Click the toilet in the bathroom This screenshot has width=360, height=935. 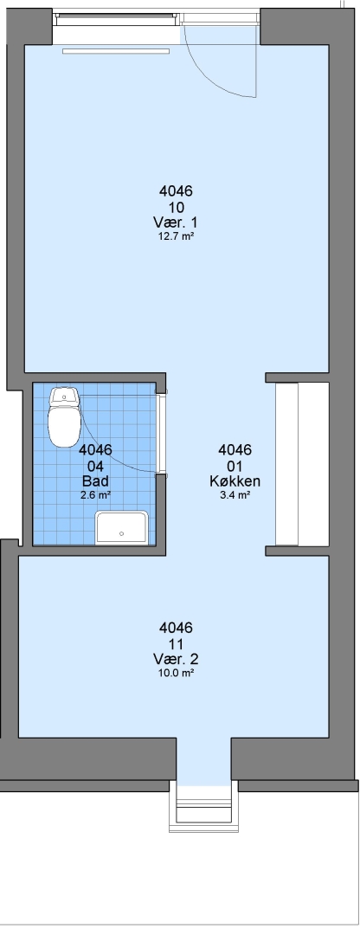click(x=64, y=416)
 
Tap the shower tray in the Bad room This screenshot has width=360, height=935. click(x=122, y=528)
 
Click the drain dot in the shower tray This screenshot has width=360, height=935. click(x=122, y=533)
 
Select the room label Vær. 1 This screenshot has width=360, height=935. click(x=176, y=222)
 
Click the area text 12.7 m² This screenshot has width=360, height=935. click(x=176, y=235)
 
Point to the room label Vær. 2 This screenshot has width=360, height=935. click(x=176, y=659)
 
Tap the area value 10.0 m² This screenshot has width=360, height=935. click(x=176, y=673)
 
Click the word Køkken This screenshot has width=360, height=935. click(x=235, y=480)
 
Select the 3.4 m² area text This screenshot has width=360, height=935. click(x=235, y=494)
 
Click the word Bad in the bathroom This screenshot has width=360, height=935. click(x=95, y=480)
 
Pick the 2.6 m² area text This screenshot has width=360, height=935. click(x=95, y=494)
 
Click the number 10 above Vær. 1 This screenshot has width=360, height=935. click(x=176, y=208)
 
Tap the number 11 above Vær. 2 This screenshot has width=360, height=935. click(x=176, y=644)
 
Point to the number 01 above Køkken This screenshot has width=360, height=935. click(x=235, y=466)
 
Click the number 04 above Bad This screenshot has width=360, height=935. click(x=95, y=466)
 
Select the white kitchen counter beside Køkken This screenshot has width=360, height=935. click(x=302, y=464)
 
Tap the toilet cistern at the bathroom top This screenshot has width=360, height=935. click(x=64, y=396)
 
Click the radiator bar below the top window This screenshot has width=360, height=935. click(x=116, y=51)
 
